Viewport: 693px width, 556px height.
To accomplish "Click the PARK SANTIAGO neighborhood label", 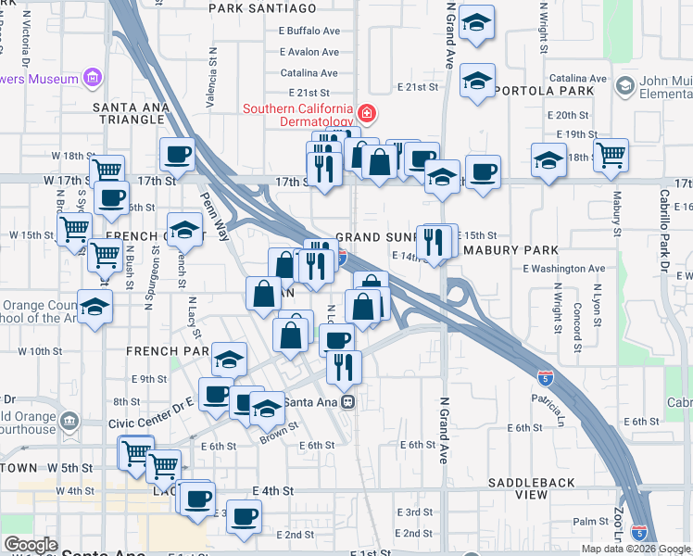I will pyautogui.click(x=262, y=8).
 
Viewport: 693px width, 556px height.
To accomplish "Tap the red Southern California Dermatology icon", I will pyautogui.click(x=367, y=114).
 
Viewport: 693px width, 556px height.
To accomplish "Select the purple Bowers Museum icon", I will pyautogui.click(x=93, y=79).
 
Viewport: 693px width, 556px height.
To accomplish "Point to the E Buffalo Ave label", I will pyautogui.click(x=309, y=31).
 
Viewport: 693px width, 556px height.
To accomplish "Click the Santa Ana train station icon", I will pyautogui.click(x=348, y=402).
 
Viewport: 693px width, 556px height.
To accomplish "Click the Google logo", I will pyautogui.click(x=30, y=545).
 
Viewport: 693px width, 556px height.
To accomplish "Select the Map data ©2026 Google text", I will pyautogui.click(x=635, y=549).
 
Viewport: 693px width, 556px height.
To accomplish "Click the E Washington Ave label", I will pyautogui.click(x=563, y=269).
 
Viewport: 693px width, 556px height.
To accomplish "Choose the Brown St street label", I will pyautogui.click(x=279, y=431).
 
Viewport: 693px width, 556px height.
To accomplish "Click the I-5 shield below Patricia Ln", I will pyautogui.click(x=547, y=377).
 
